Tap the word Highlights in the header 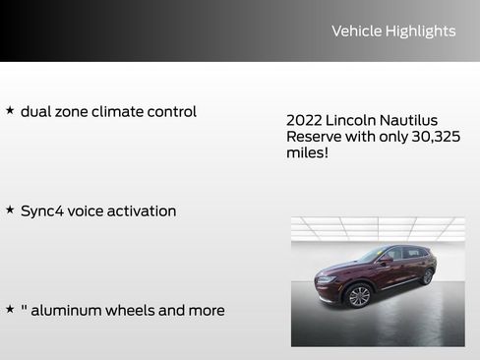click(x=422, y=31)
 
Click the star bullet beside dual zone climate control click(x=10, y=111)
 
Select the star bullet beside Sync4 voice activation click(x=10, y=210)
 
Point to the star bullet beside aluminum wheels click(x=10, y=310)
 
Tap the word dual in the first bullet click(x=37, y=112)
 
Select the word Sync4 click(x=45, y=211)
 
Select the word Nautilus click(x=413, y=120)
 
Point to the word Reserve click(x=313, y=137)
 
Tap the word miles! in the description click(x=307, y=153)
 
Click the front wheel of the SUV click(x=359, y=296)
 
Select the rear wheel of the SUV click(x=427, y=277)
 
